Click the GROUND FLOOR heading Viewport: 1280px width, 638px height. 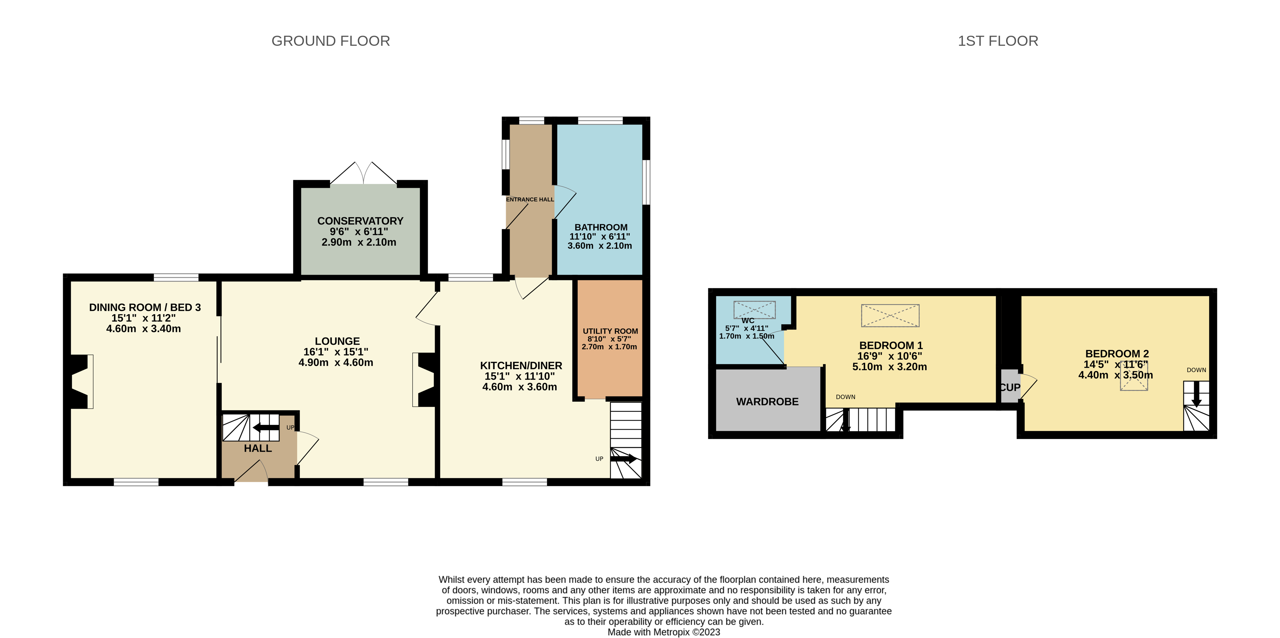click(330, 41)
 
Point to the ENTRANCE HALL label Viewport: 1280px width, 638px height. click(530, 200)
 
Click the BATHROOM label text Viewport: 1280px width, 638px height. click(601, 227)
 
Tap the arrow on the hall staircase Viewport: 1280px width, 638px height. click(266, 428)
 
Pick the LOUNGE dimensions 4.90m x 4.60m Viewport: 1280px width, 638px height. click(336, 362)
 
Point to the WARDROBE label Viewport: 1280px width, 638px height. click(767, 402)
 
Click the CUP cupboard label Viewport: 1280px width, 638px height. click(1010, 387)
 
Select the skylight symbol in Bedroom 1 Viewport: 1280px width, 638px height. click(890, 315)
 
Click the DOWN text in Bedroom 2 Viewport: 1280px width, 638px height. click(1196, 370)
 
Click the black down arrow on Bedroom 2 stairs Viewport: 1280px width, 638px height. click(1196, 394)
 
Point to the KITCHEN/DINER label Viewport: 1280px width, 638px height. click(521, 365)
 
